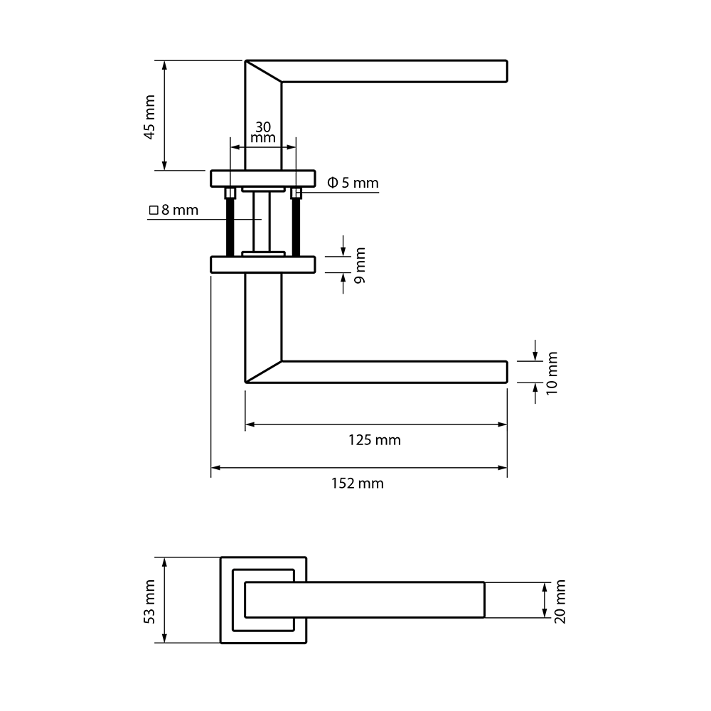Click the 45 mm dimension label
tap(149, 117)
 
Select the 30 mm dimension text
tap(263, 132)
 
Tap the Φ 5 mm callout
tap(353, 183)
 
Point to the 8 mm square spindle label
tap(174, 210)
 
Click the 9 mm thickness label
tap(360, 266)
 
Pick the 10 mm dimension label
tap(552, 373)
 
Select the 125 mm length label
tap(375, 440)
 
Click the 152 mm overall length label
tap(358, 483)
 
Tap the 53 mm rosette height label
tap(149, 602)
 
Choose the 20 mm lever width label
tap(560, 602)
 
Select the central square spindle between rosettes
tap(262, 222)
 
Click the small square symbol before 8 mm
tap(154, 210)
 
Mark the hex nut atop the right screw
tap(296, 193)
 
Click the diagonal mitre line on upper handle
tap(264, 71)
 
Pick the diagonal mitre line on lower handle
tap(264, 372)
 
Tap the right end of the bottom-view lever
tap(484, 599)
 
